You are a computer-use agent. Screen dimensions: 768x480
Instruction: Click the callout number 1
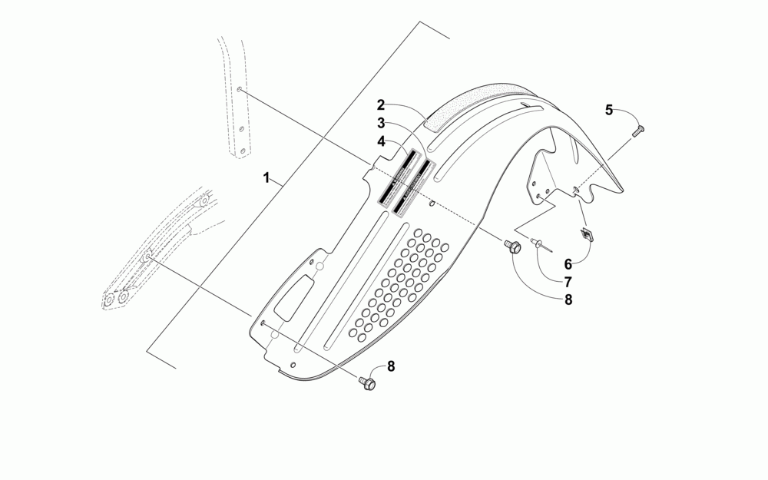[x=266, y=178]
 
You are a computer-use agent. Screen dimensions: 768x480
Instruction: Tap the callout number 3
[x=381, y=123]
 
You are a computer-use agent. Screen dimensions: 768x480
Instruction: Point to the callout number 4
[x=381, y=141]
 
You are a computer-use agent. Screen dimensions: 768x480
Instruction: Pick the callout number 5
[x=609, y=110]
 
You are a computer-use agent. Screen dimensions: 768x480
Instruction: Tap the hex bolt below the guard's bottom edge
[x=367, y=382]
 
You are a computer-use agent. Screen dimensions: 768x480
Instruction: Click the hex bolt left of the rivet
[x=513, y=247]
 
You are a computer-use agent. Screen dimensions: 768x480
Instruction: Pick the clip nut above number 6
[x=586, y=233]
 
